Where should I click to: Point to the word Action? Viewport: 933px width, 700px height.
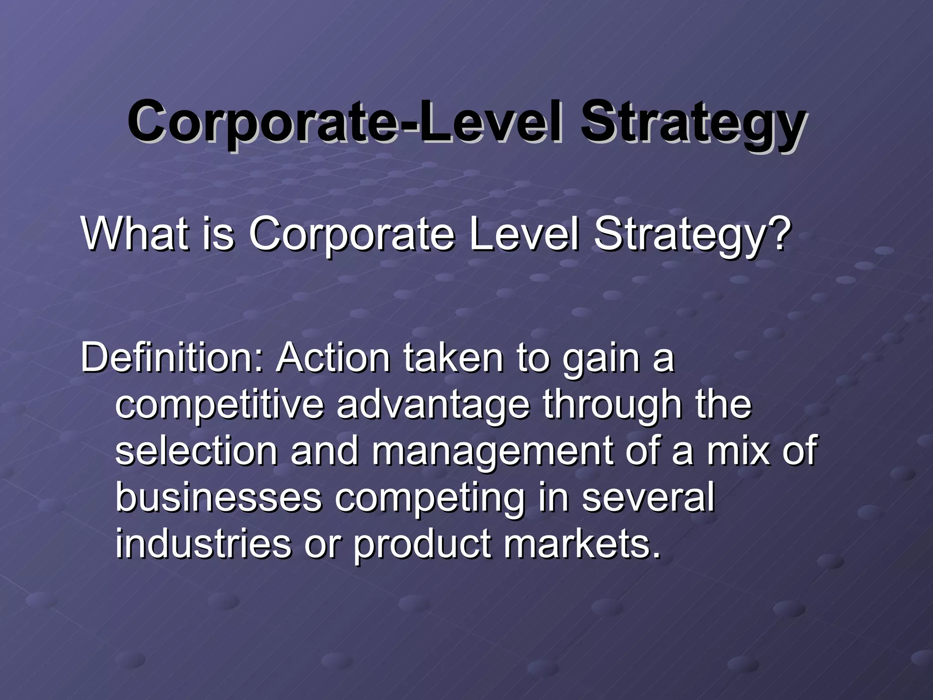(x=333, y=358)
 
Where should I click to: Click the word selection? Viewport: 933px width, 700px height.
(x=196, y=451)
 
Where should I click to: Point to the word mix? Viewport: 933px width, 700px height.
(x=738, y=451)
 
